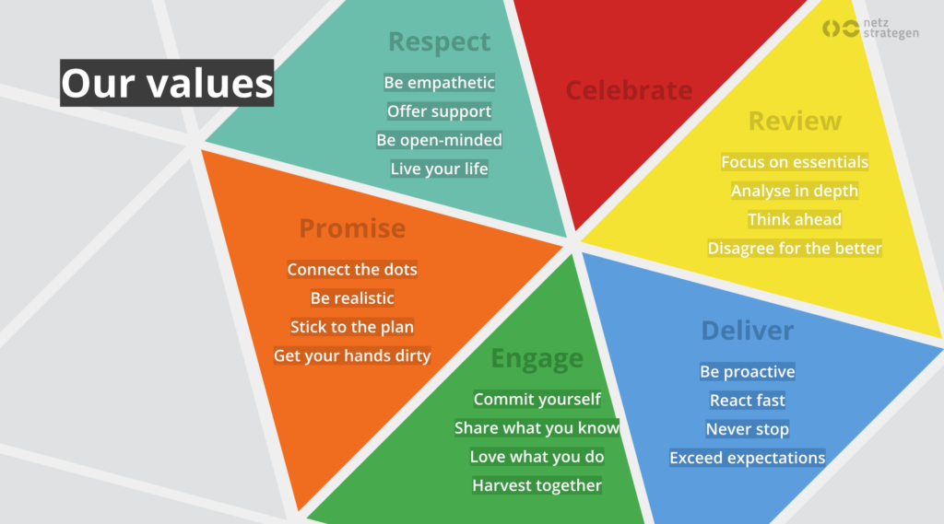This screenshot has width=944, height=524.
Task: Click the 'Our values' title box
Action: click(167, 83)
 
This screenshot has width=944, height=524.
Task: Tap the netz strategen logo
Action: click(870, 29)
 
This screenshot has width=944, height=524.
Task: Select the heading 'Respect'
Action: click(439, 41)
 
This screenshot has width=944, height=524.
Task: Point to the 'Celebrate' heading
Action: click(629, 90)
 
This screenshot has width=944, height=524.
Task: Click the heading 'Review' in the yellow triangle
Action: click(795, 121)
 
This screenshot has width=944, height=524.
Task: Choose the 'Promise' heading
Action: click(352, 228)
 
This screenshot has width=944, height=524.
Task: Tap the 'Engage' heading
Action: click(537, 358)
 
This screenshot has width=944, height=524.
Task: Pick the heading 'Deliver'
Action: click(747, 331)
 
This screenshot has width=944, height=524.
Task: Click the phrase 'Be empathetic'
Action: click(439, 82)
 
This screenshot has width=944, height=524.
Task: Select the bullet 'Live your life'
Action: click(439, 169)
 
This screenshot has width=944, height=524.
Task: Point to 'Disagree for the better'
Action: click(794, 248)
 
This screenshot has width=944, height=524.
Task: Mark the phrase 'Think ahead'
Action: click(794, 219)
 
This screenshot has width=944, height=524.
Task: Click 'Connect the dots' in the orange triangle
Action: click(352, 269)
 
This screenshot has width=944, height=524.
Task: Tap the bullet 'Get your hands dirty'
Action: click(352, 355)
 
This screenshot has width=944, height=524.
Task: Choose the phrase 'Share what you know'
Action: click(537, 427)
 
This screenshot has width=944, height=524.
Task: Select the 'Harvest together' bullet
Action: click(537, 485)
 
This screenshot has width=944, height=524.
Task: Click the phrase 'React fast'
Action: click(747, 400)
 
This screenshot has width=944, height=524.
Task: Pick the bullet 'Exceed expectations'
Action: click(747, 458)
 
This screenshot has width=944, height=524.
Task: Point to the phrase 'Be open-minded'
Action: click(439, 140)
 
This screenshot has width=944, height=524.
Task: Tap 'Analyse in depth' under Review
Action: click(794, 191)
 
